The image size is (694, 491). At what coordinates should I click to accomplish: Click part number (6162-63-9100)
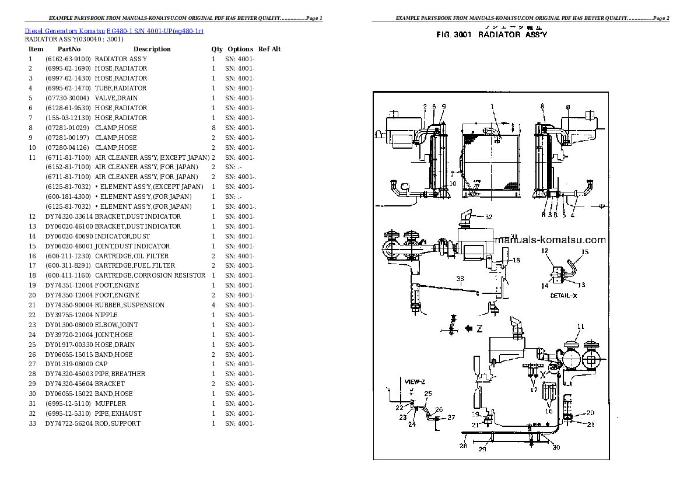pos(68,59)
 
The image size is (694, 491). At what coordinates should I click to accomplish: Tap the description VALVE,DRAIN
pos(117,98)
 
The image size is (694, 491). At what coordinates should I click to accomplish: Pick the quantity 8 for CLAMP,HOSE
pos(213,128)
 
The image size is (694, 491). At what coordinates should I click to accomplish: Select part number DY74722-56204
pos(69,423)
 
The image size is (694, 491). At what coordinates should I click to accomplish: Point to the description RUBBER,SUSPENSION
pos(129,305)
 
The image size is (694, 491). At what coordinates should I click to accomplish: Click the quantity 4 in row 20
pos(213,305)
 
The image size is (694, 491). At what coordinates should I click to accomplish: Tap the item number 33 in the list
pos(32,423)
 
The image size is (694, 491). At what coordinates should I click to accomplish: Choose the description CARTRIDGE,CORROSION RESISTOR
pos(150,275)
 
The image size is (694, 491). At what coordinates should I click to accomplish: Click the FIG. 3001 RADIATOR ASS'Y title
pos(492,35)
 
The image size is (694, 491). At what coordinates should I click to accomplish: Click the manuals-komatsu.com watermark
pos(551,240)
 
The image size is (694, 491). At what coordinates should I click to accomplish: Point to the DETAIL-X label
pos(563,296)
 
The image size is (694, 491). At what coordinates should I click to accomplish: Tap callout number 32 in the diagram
pos(489,217)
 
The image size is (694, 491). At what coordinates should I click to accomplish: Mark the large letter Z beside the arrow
pos(479,329)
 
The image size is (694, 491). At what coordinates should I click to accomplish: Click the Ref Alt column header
pos(269,49)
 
